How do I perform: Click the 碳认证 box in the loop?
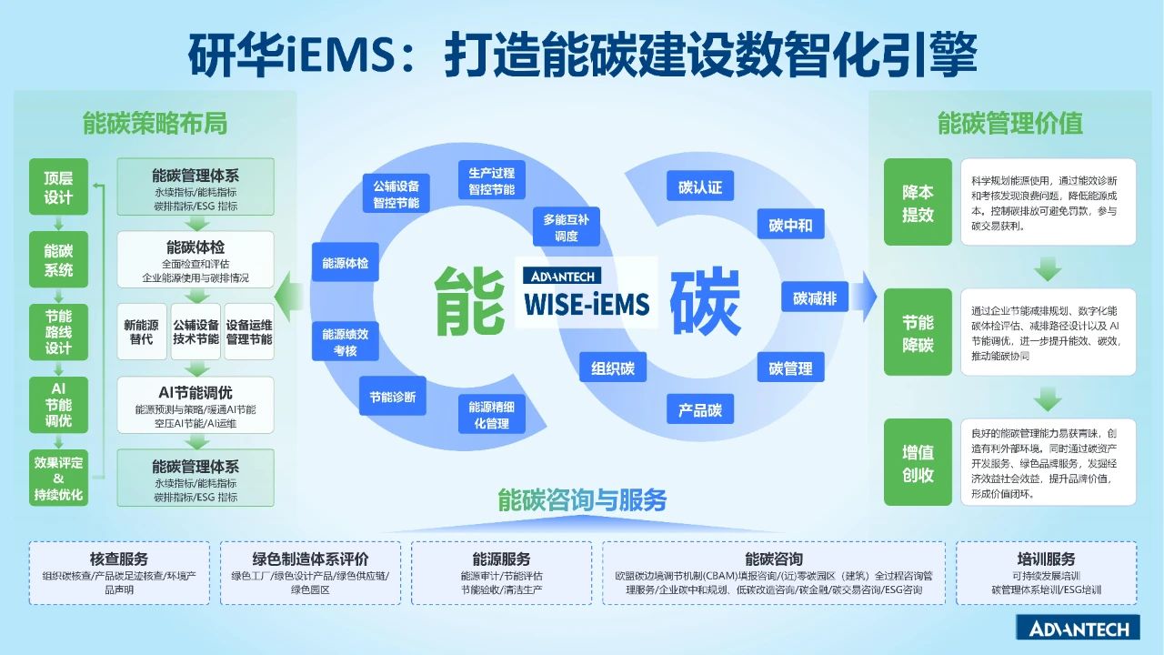click(x=699, y=187)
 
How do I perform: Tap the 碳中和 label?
click(x=790, y=226)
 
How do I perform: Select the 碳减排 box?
click(x=814, y=297)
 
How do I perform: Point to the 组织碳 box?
click(x=613, y=368)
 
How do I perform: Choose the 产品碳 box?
click(x=700, y=410)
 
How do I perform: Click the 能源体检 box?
click(x=345, y=263)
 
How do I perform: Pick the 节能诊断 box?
click(x=393, y=397)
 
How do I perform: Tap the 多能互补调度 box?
click(x=567, y=227)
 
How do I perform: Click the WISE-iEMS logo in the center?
click(x=587, y=292)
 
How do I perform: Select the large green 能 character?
click(x=470, y=299)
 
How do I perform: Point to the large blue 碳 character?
click(x=705, y=301)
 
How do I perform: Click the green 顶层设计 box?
click(x=58, y=187)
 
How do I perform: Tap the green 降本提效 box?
click(x=918, y=203)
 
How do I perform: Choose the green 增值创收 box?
click(x=918, y=463)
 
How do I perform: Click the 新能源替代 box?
click(x=141, y=332)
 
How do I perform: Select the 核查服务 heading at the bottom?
click(x=119, y=559)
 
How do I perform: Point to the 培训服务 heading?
click(x=1046, y=559)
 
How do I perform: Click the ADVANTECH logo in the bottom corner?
click(x=1079, y=629)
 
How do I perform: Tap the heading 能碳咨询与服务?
click(x=582, y=499)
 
